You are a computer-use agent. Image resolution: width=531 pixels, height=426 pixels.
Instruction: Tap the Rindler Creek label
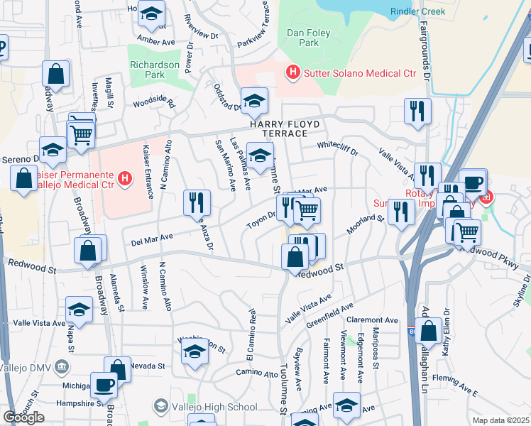coord(418,11)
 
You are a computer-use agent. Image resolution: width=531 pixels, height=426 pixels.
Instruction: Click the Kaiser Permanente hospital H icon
coord(126,177)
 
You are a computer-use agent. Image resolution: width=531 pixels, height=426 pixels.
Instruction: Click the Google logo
coord(23,417)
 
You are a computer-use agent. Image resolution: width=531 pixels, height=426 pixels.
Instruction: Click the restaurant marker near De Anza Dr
coord(197,202)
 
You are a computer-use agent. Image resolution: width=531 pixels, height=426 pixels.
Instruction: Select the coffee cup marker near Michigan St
coord(104,386)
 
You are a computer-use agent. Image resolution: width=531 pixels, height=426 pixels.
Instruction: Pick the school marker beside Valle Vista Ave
coord(79,310)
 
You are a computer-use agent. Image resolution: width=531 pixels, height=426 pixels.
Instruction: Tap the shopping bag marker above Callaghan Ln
coord(428,330)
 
